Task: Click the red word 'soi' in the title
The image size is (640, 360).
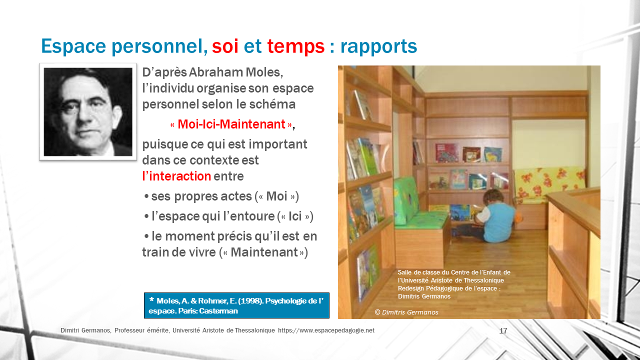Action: tap(225, 46)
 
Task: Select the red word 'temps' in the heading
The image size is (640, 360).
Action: tap(295, 47)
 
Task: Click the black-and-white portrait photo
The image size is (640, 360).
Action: tap(88, 111)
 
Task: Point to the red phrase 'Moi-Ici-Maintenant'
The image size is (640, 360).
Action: tap(231, 124)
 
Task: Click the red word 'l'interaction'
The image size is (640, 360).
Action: tap(176, 176)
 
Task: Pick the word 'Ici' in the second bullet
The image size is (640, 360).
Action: tap(295, 216)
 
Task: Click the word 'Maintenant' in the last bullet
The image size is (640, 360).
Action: tap(264, 252)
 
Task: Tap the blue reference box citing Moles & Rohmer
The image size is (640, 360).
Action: tap(236, 305)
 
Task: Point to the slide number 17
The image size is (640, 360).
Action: tap(503, 331)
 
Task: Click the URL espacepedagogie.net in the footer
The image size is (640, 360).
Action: tap(326, 330)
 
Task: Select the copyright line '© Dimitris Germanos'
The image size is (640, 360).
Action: tap(406, 312)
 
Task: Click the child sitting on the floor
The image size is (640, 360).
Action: tap(490, 217)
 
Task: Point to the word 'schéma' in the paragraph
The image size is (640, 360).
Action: tap(272, 104)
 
